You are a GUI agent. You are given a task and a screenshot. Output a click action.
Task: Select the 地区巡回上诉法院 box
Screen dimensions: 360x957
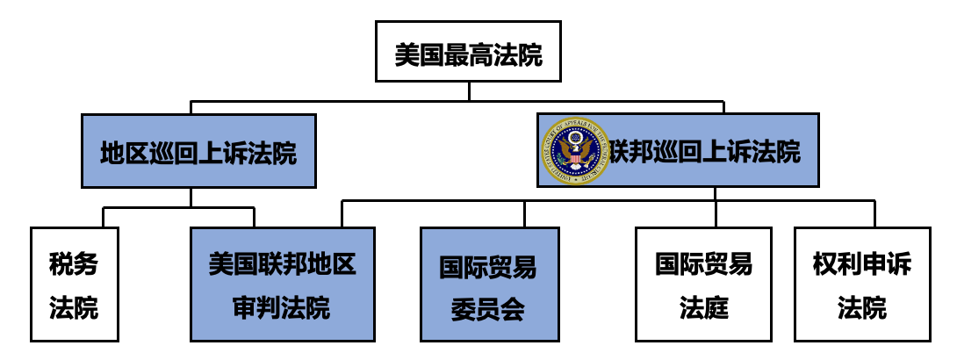pos(198,151)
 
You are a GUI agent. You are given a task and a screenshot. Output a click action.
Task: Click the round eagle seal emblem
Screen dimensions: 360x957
pos(575,151)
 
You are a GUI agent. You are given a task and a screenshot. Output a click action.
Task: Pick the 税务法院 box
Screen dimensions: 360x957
pos(74,284)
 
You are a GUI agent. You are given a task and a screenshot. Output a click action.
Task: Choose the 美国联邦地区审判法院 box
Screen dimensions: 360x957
pos(282,284)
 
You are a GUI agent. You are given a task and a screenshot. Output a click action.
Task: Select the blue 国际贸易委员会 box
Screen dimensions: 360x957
pos(489,284)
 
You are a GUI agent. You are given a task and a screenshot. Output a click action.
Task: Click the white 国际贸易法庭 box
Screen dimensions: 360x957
pos(703,284)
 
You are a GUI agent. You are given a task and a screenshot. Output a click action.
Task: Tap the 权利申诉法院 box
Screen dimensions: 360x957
pos(861,284)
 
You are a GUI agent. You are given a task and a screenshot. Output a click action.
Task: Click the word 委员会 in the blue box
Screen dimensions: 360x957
pos(488,309)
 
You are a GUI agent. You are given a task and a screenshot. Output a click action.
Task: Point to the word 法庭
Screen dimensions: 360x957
pos(703,308)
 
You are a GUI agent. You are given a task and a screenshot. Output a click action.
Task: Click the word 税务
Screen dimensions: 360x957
pos(74,263)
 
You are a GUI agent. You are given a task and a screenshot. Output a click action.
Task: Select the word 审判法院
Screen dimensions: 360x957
pos(282,308)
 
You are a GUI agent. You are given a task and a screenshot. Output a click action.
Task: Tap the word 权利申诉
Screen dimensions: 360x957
pos(861,263)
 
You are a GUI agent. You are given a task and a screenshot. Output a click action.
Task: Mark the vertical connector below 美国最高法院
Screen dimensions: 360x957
pos(468,91)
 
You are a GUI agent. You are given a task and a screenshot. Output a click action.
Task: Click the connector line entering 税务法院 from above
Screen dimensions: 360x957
pos(104,217)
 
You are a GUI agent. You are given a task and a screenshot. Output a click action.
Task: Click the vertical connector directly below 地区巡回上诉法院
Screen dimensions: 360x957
pos(191,197)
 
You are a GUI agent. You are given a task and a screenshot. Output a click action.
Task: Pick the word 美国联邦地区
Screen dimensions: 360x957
pos(282,263)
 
